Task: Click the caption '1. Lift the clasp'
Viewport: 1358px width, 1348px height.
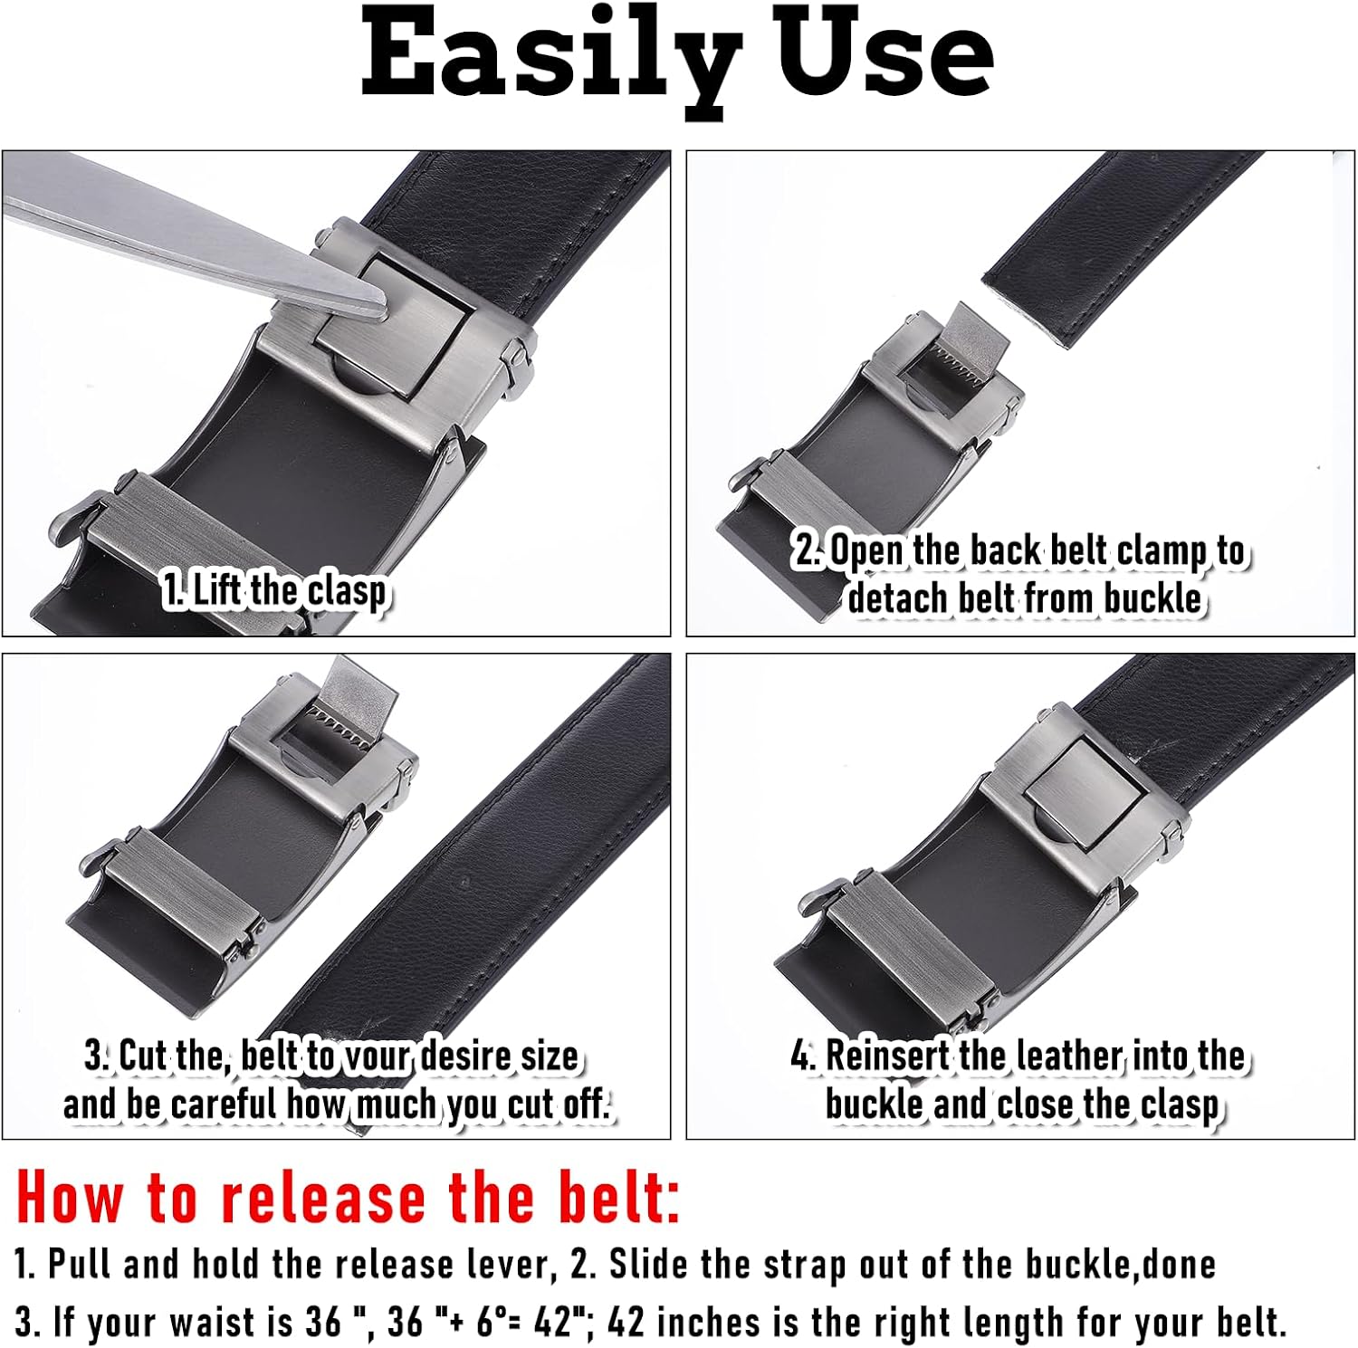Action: point(275,591)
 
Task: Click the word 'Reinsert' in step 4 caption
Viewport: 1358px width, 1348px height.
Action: point(887,1056)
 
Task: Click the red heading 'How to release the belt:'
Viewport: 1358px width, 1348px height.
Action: point(348,1198)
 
